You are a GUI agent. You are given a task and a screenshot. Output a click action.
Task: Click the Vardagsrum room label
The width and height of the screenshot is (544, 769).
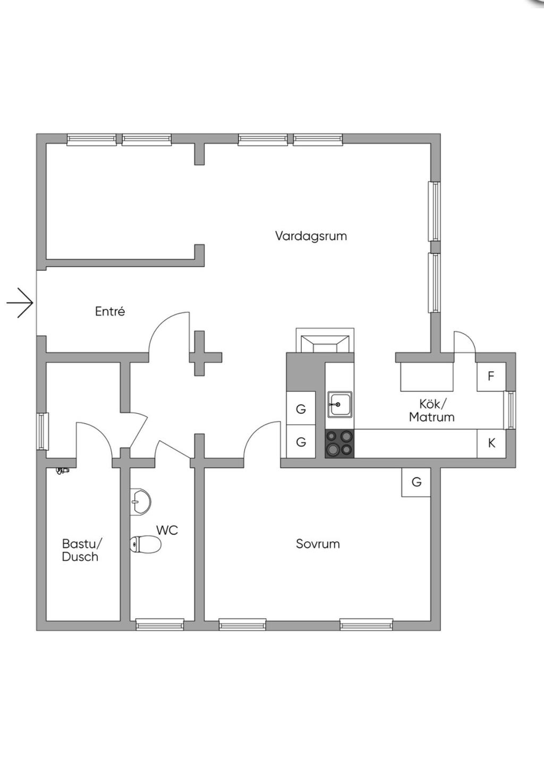click(x=311, y=236)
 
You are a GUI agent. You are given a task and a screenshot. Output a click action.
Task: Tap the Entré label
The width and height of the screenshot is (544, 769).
click(x=110, y=311)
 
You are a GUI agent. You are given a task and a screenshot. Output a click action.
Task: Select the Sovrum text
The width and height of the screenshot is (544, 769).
click(x=318, y=544)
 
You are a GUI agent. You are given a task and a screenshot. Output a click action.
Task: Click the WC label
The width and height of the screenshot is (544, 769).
click(x=167, y=530)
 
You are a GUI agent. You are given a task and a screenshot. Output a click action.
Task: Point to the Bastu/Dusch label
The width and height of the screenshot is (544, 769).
click(x=81, y=550)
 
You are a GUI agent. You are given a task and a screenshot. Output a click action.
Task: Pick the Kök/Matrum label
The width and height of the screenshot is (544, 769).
click(x=431, y=411)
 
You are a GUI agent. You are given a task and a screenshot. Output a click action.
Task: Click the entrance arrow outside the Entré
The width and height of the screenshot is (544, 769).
click(x=20, y=303)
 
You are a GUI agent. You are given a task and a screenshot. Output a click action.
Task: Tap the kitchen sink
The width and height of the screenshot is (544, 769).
click(x=339, y=405)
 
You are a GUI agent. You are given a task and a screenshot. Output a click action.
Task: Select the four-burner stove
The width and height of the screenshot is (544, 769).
click(x=339, y=443)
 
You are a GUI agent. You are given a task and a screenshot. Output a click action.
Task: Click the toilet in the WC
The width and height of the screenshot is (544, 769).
click(x=146, y=544)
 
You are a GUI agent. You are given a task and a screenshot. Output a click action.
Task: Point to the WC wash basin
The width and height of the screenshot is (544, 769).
click(x=141, y=501)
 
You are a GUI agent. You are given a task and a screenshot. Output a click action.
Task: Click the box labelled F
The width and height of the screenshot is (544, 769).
click(x=490, y=377)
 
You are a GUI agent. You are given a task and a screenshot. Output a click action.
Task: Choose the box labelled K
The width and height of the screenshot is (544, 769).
click(x=491, y=443)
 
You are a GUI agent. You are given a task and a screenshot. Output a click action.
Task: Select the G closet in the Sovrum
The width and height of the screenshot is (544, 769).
click(x=416, y=482)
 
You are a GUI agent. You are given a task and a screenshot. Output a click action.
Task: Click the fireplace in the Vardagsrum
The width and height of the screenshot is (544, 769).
click(x=325, y=341)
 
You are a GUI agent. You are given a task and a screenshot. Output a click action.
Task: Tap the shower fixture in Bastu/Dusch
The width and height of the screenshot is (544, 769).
click(x=63, y=471)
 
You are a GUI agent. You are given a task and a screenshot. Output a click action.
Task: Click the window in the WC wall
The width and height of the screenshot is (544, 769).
click(x=160, y=625)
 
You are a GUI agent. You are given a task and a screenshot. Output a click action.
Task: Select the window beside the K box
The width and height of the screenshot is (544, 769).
click(x=510, y=409)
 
